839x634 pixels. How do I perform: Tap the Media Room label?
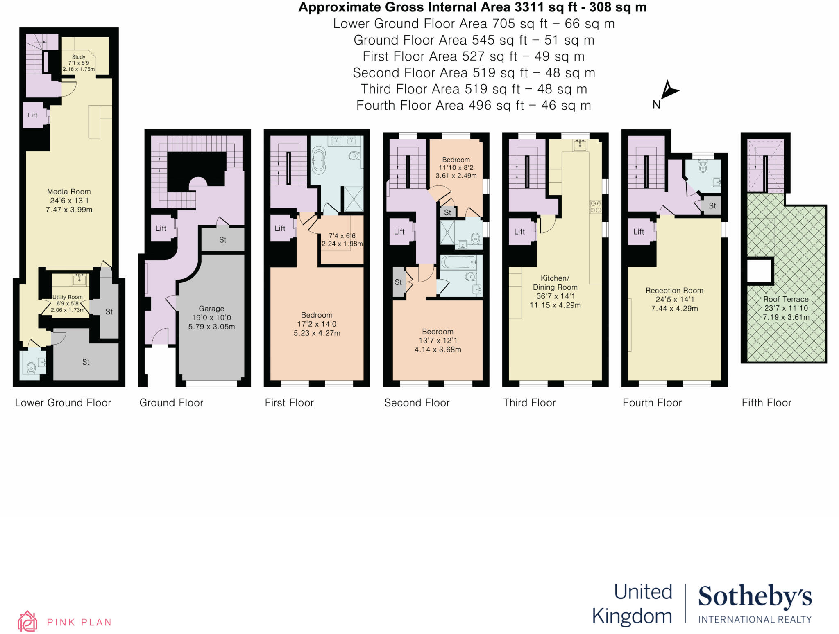(x=69, y=192)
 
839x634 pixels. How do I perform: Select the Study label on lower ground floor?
(x=78, y=57)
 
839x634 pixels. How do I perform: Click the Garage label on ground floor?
(x=211, y=309)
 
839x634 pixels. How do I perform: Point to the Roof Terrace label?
(x=785, y=299)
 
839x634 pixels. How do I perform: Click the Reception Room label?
(x=674, y=291)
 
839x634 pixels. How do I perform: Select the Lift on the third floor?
(x=519, y=232)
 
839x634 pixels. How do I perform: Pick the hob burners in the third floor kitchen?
(x=595, y=207)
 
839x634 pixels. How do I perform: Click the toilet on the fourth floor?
(x=703, y=166)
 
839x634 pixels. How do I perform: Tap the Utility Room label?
(x=68, y=297)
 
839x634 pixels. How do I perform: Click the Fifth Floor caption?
(x=766, y=403)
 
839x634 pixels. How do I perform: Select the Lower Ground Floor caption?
(x=63, y=403)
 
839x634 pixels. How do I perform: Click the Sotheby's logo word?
(x=755, y=597)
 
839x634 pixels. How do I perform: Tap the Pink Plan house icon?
(x=27, y=621)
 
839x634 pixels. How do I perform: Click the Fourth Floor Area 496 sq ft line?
(x=473, y=106)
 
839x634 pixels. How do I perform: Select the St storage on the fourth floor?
(x=712, y=206)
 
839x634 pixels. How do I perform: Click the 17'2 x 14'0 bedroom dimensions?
(x=317, y=324)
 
